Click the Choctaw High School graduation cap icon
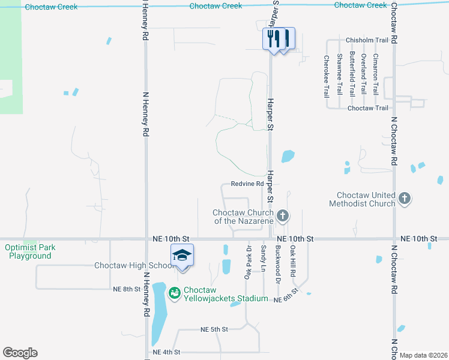click(182, 256)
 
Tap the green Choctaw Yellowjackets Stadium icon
click(175, 293)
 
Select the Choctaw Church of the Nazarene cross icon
click(283, 215)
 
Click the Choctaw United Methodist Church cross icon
click(405, 198)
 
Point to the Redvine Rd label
click(247, 184)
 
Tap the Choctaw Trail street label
click(368, 108)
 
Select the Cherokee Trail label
click(327, 77)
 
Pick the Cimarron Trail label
click(376, 74)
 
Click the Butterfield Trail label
click(351, 74)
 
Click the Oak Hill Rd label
click(293, 260)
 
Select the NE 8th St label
click(126, 289)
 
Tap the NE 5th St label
click(214, 329)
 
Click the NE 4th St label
click(166, 352)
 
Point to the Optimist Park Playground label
click(28, 251)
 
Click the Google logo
click(20, 353)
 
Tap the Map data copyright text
click(423, 355)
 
